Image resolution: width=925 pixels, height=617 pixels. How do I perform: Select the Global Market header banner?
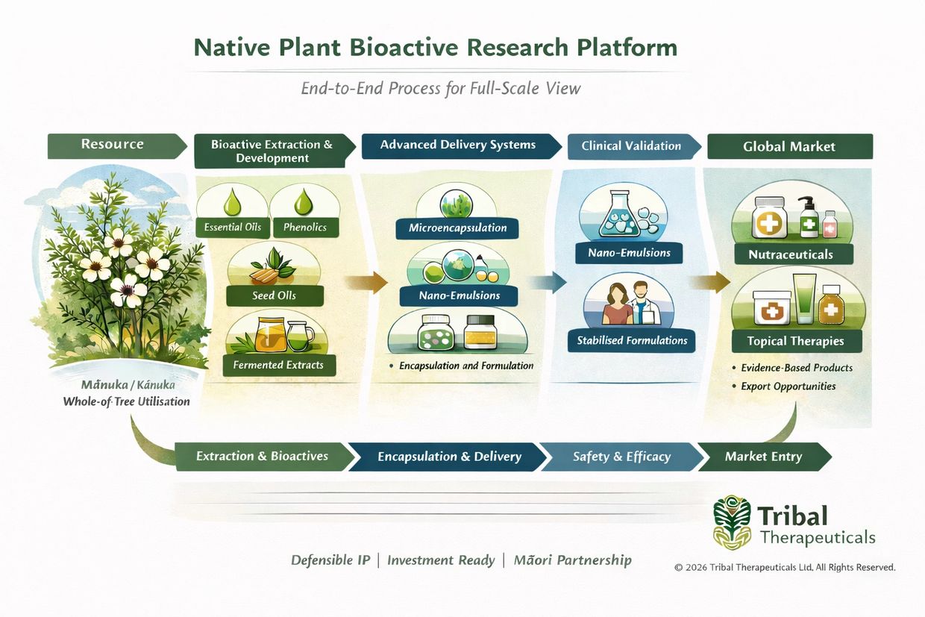[x=789, y=147]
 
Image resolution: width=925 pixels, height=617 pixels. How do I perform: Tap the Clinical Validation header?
[x=631, y=146]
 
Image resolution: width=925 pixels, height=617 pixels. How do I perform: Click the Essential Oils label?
[x=233, y=227]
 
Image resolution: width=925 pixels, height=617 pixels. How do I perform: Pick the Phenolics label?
[x=305, y=227]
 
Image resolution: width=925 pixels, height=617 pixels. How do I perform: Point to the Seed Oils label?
[x=274, y=295]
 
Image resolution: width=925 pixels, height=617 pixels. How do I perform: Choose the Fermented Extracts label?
[x=278, y=365]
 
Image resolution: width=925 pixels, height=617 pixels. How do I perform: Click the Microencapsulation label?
[x=458, y=227]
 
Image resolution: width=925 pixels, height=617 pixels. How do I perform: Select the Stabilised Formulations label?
[x=632, y=341]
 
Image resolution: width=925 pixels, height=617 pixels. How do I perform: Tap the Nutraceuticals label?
[x=791, y=255]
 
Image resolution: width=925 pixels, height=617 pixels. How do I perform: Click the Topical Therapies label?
[x=796, y=342]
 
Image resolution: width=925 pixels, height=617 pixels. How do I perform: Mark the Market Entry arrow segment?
[x=763, y=457]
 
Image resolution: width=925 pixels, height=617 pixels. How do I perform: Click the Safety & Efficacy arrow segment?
[x=621, y=457]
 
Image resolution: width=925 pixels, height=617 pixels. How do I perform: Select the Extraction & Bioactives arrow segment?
[x=262, y=456]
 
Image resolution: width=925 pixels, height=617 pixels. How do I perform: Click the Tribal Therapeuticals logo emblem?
[x=732, y=523]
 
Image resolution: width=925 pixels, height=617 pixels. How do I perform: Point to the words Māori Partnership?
[x=573, y=560]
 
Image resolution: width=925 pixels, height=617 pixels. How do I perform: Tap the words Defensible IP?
[x=330, y=560]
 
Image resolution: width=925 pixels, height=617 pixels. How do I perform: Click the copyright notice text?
[x=785, y=567]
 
